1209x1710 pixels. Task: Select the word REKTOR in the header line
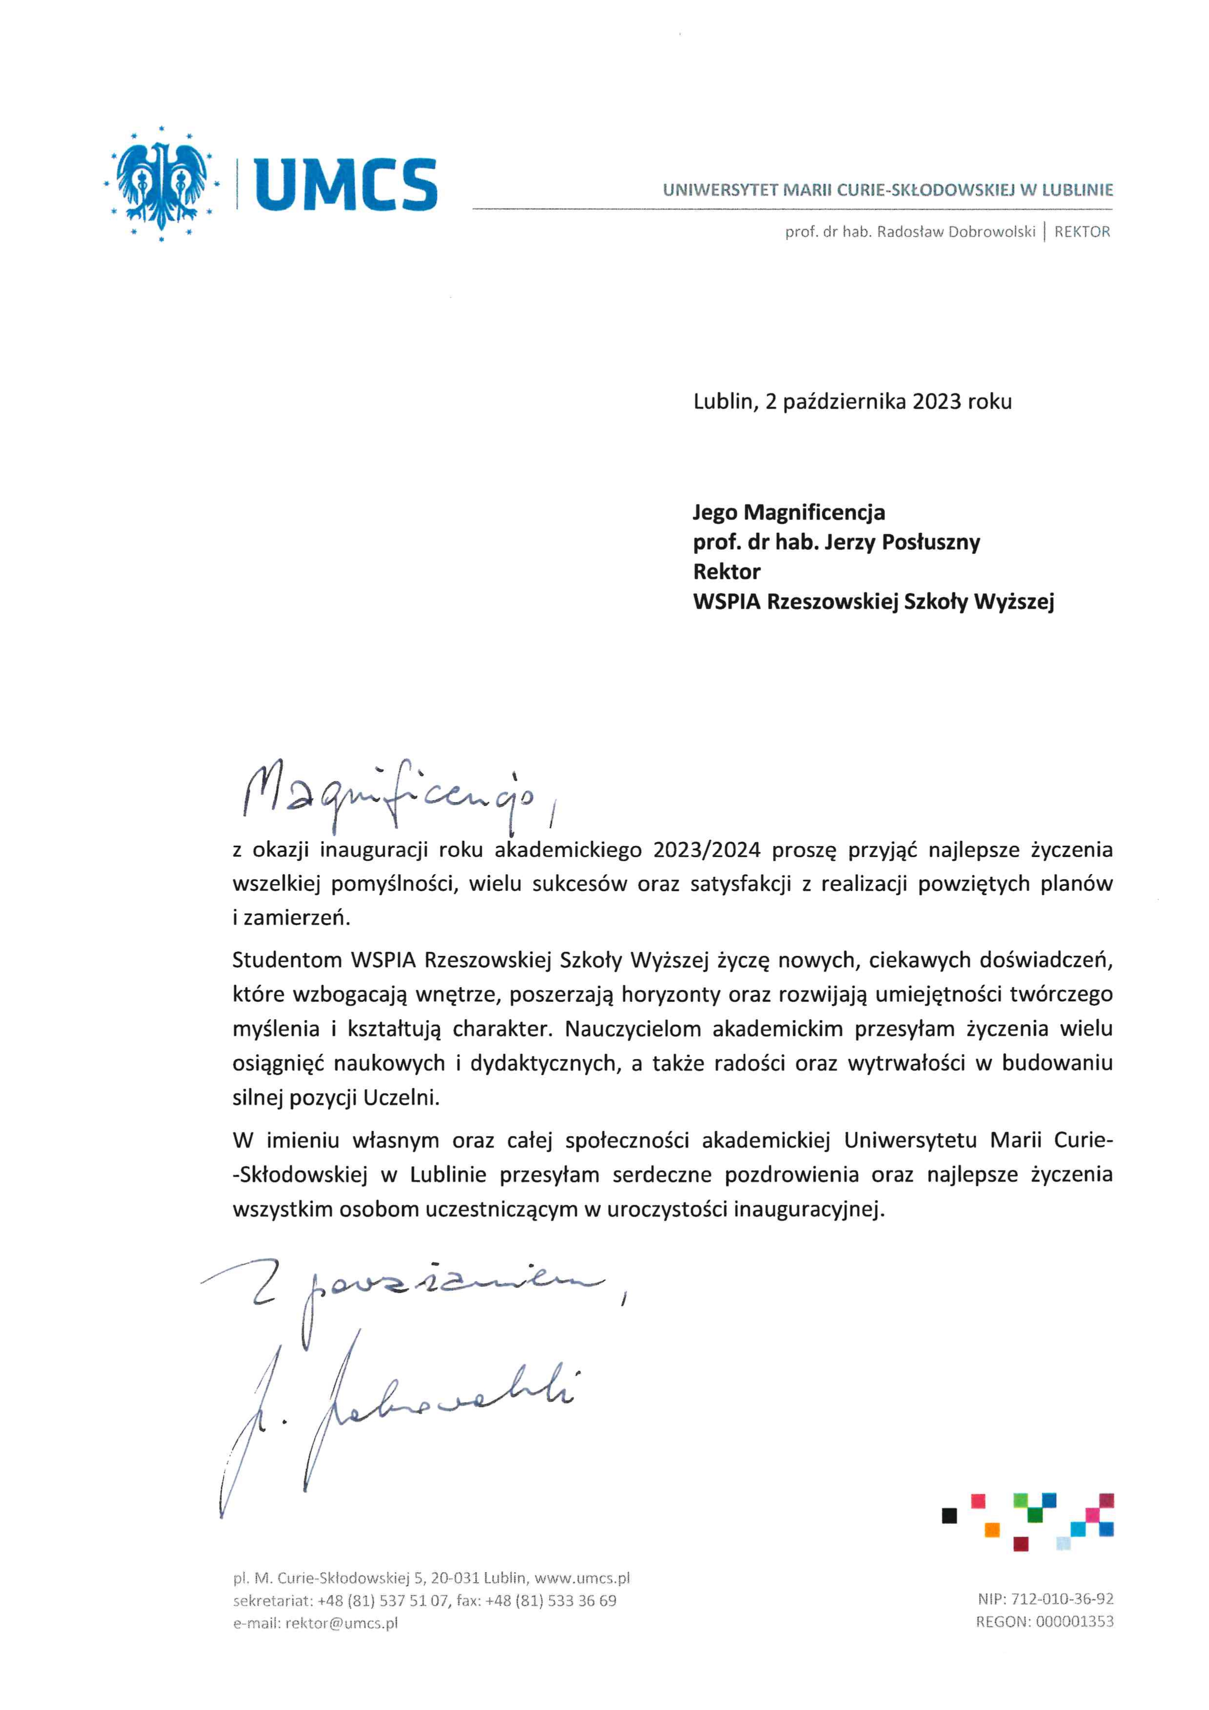pyautogui.click(x=1082, y=232)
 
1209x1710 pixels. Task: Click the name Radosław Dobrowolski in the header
pyautogui.click(x=955, y=232)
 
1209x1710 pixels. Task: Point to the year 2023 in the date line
pyautogui.click(x=937, y=402)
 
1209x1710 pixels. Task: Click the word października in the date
pyautogui.click(x=844, y=402)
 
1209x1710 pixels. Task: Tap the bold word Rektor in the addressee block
pyautogui.click(x=726, y=572)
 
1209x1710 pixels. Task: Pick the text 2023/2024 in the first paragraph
pyautogui.click(x=707, y=850)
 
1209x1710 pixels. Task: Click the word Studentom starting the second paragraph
pyautogui.click(x=287, y=960)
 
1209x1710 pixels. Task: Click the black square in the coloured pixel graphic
pyautogui.click(x=949, y=1516)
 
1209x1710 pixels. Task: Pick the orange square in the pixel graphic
pyautogui.click(x=992, y=1530)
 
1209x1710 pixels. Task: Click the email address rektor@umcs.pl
pyautogui.click(x=341, y=1624)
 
